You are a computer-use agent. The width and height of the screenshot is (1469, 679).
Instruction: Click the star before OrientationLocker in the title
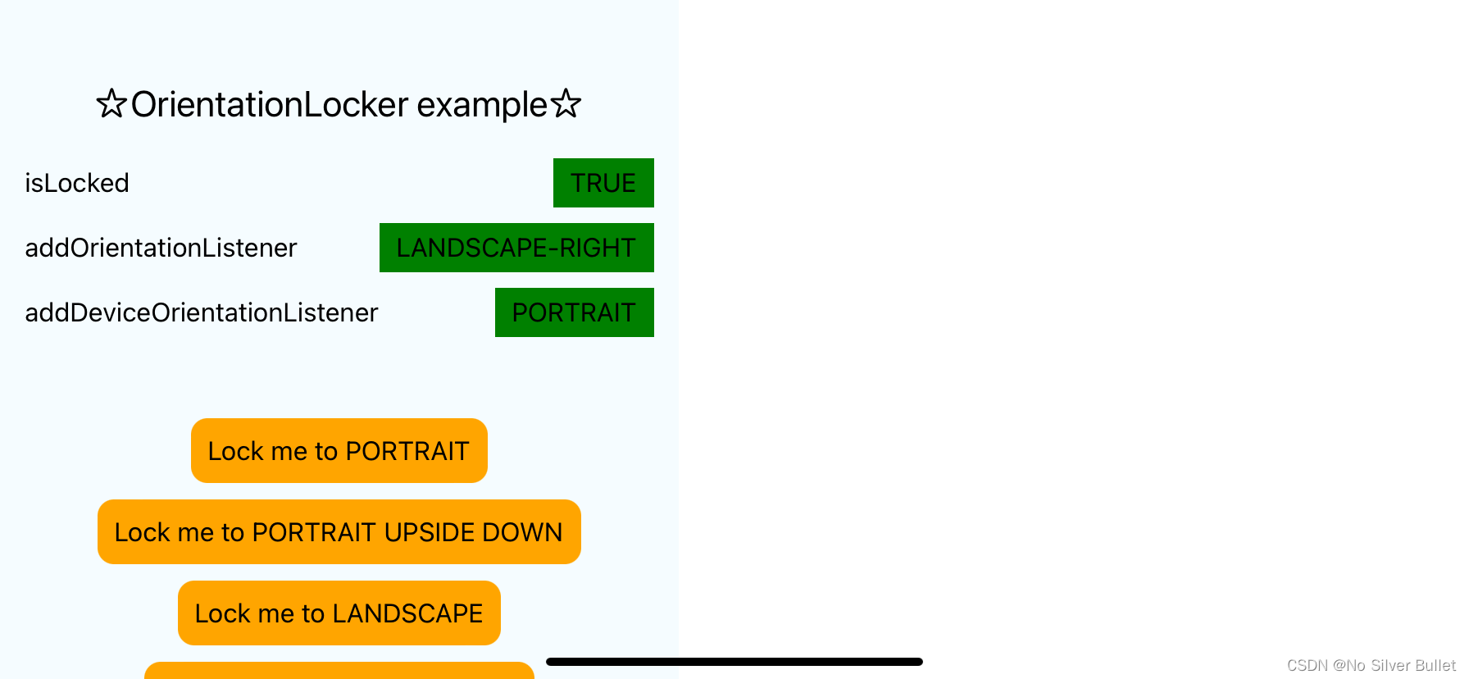[111, 104]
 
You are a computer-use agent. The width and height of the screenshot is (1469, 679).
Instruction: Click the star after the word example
[566, 104]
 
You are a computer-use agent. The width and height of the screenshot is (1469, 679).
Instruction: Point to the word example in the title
[482, 105]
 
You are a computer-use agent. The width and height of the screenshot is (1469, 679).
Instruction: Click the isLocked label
[77, 183]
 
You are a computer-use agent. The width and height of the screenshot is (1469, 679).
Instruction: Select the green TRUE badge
[603, 183]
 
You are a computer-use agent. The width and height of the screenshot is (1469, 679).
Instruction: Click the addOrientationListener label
[161, 248]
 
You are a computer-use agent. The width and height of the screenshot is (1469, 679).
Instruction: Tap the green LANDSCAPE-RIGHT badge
[516, 248]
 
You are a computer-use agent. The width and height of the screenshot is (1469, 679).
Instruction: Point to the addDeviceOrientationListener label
[202, 312]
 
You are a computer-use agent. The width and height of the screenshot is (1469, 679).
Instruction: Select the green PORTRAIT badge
[574, 312]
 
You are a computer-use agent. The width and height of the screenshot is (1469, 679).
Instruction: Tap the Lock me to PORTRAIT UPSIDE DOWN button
[339, 532]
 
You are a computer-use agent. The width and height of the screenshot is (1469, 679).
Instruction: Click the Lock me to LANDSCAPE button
[339, 613]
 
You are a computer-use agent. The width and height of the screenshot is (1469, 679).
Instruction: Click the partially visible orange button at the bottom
[339, 671]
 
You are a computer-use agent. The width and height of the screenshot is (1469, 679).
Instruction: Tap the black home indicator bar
[734, 662]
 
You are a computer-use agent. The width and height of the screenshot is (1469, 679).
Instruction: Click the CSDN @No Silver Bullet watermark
[1371, 665]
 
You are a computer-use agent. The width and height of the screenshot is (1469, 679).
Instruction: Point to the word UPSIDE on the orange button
[429, 532]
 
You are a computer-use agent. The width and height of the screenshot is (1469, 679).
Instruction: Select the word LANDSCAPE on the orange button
[407, 613]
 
